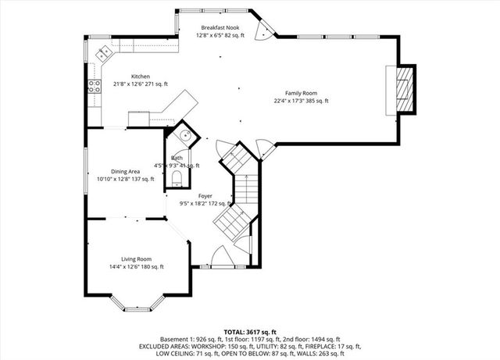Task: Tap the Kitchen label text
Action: pos(130,77)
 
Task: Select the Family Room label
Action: pos(301,93)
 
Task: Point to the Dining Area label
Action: pos(125,171)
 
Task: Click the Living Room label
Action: pos(136,259)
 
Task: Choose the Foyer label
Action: pos(205,196)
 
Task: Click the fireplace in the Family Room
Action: pos(402,90)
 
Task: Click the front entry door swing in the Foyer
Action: pos(220,256)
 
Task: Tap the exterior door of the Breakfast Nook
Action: pos(266,32)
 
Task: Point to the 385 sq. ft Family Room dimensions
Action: pos(301,101)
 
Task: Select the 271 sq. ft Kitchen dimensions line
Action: pos(130,84)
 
